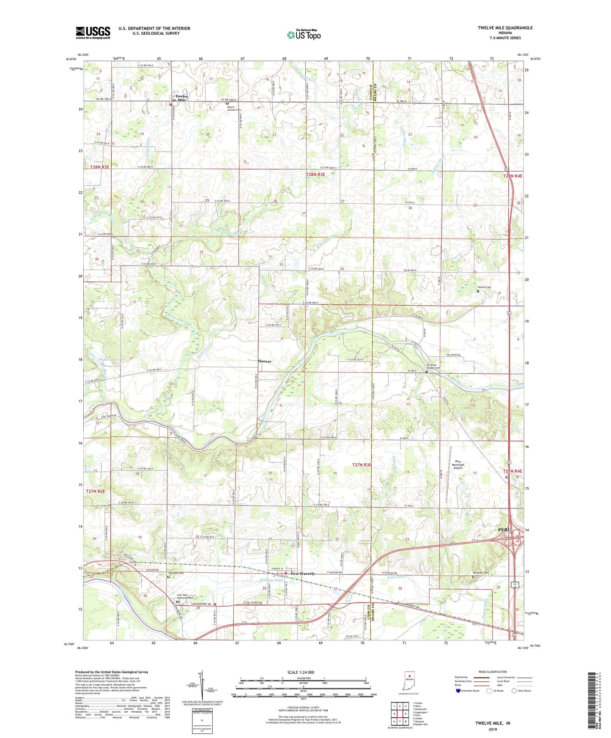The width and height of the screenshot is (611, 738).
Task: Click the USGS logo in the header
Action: [x=93, y=33]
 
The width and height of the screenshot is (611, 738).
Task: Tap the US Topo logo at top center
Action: [x=303, y=35]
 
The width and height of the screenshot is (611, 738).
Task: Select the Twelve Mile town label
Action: [x=181, y=98]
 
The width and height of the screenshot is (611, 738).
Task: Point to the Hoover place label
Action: [x=265, y=361]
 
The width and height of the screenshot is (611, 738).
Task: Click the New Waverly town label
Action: [x=302, y=574]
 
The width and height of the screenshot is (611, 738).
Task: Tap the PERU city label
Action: [x=504, y=530]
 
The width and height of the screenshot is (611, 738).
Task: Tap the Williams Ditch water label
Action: [x=272, y=580]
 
